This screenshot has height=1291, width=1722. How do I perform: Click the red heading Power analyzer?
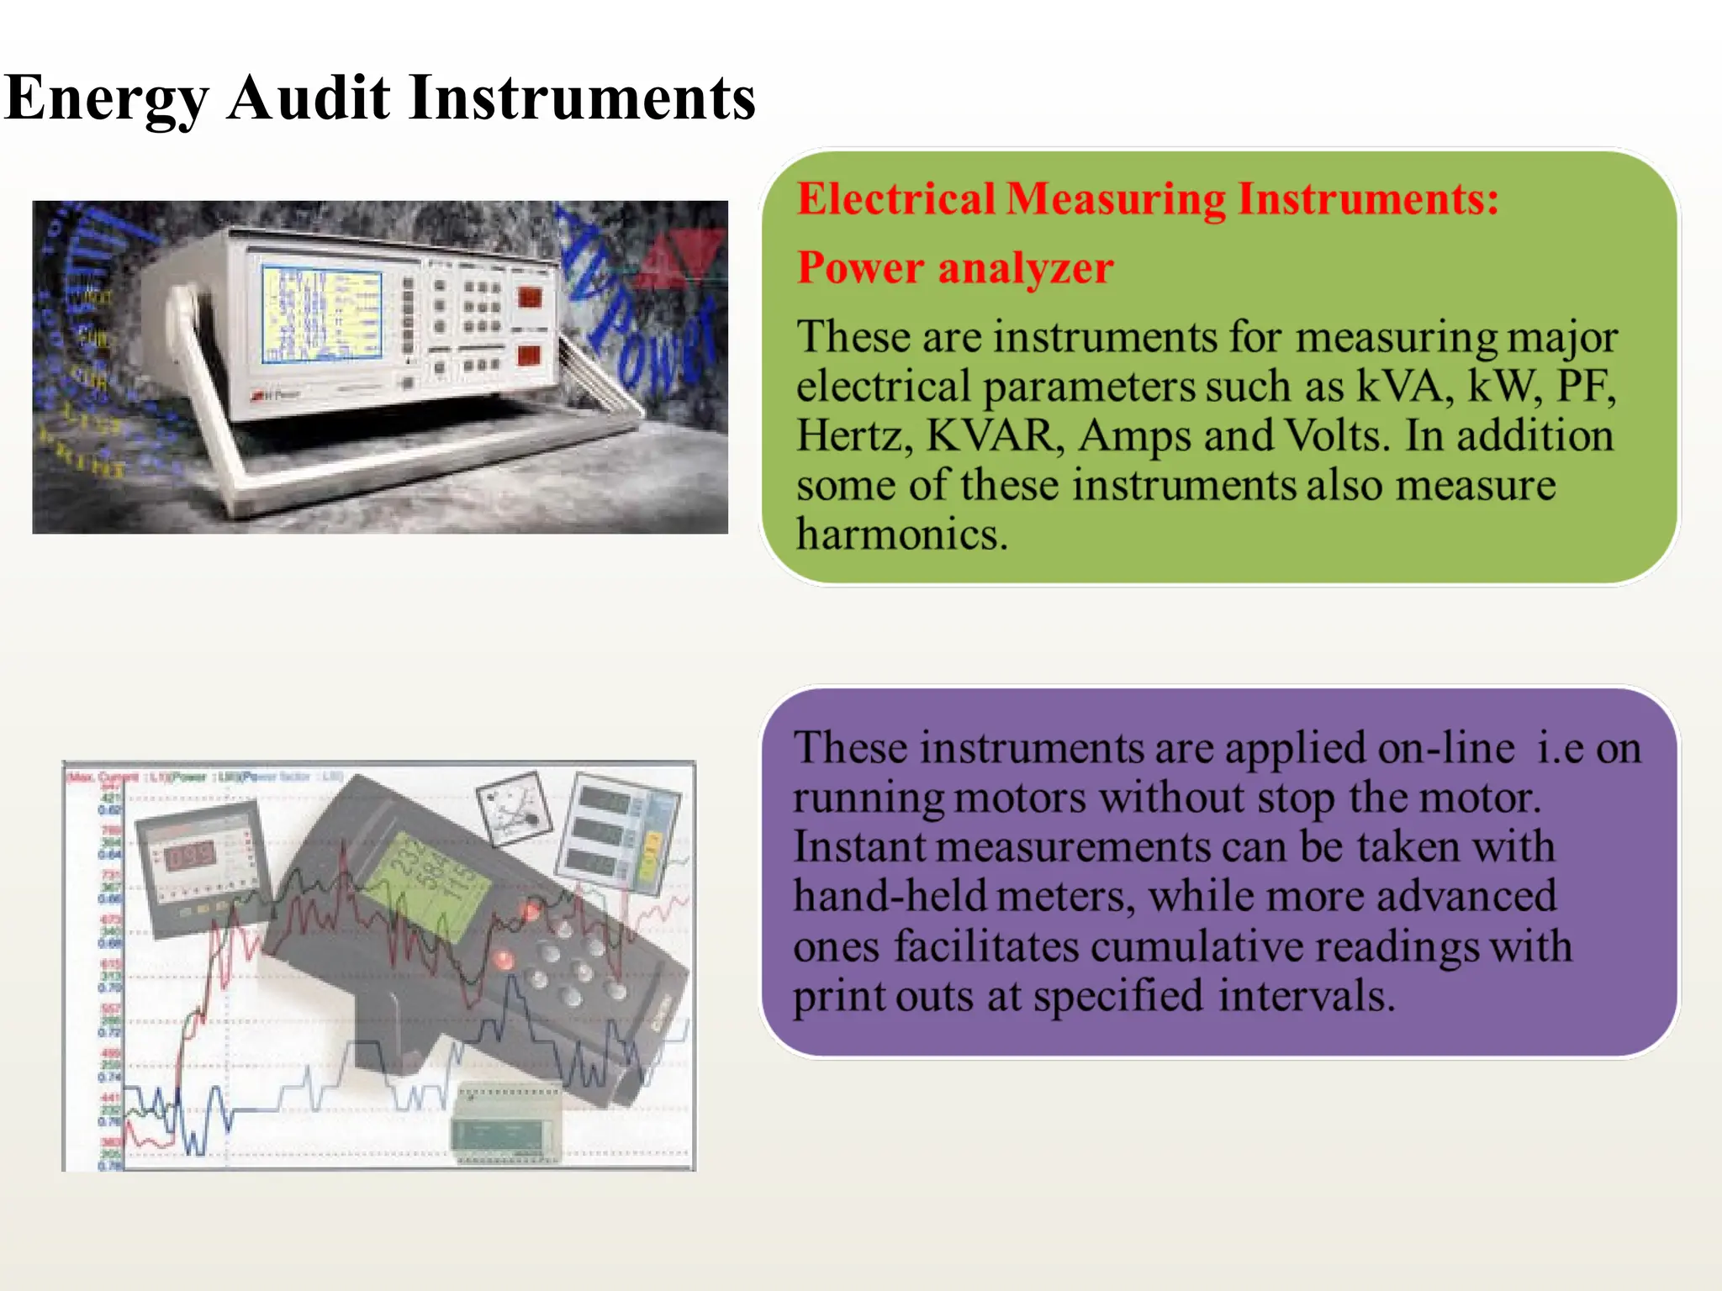[955, 268]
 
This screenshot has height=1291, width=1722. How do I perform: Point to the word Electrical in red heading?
[896, 199]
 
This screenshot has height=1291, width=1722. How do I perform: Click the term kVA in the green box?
[1404, 386]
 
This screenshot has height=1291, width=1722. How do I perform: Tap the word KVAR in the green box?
[990, 435]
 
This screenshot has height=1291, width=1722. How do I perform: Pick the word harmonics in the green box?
[901, 534]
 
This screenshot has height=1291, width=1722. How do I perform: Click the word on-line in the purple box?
[1445, 747]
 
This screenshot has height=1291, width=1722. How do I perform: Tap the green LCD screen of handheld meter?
[429, 888]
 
